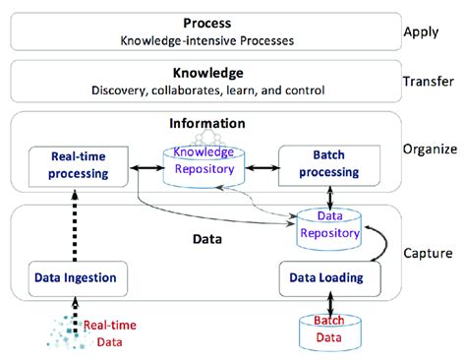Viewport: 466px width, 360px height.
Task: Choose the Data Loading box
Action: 324,278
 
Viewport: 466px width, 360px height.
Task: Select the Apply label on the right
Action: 422,31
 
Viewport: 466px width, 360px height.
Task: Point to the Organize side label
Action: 429,150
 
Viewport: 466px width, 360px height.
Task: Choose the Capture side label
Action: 428,253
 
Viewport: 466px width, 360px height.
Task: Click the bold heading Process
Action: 206,23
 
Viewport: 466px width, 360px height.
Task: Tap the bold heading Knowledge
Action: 207,73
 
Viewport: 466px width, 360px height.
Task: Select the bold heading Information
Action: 206,125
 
